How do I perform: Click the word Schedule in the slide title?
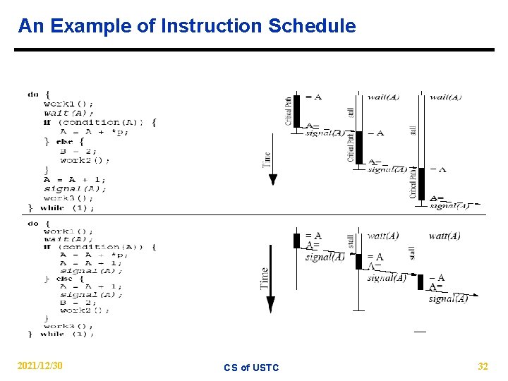coord(312,27)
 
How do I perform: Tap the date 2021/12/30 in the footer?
coord(40,365)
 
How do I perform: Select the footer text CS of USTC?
coord(251,368)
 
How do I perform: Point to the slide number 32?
coord(483,366)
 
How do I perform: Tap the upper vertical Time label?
coord(267,159)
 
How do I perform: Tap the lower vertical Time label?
coord(265,277)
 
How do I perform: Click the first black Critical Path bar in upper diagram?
coord(298,110)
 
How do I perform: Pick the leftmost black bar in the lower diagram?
coord(297,240)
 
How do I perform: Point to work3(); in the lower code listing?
coord(68,326)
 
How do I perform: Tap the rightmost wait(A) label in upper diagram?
coord(445,97)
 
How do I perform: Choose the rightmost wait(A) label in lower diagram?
coord(445,236)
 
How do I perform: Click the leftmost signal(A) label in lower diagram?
coord(325,257)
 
